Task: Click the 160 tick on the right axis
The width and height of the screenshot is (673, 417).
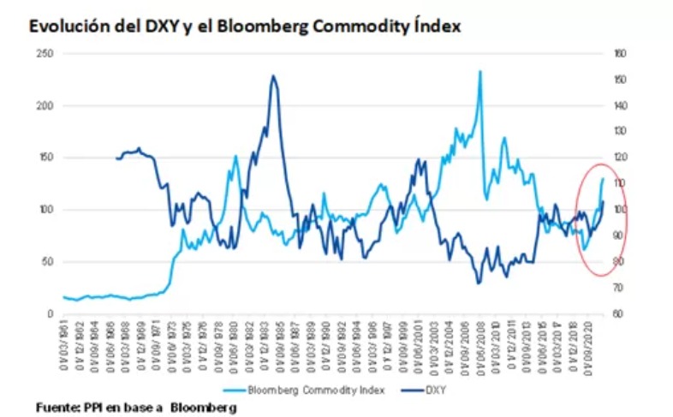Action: coord(621,53)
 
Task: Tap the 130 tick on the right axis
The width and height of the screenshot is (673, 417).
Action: coord(621,131)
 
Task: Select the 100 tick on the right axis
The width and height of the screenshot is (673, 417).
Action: coord(621,210)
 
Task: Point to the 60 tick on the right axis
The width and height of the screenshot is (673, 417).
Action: coord(619,313)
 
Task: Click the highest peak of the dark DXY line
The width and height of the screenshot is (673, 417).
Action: coord(272,76)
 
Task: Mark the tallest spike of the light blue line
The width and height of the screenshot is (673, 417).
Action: coord(479,71)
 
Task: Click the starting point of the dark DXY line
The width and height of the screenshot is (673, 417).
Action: coord(116,158)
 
